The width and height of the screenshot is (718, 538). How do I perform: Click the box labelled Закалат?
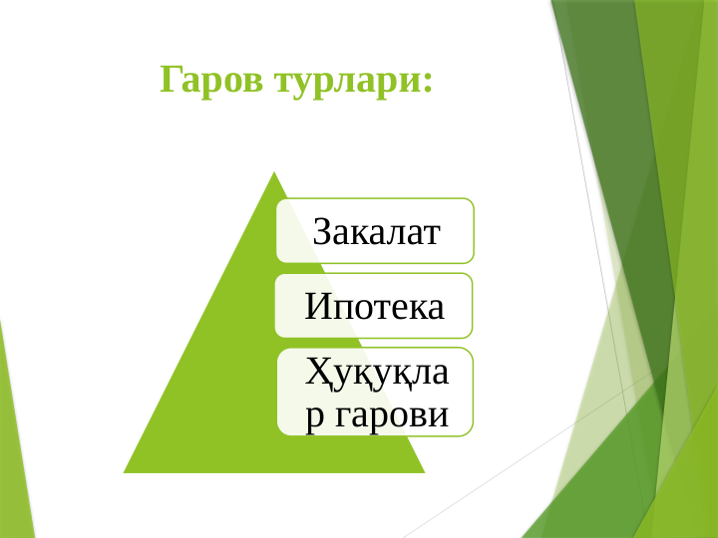point(375,230)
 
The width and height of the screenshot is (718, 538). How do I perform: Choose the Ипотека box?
point(374,306)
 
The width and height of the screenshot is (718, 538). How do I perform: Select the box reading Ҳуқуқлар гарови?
point(375,392)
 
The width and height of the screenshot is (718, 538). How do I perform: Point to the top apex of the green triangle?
point(274,172)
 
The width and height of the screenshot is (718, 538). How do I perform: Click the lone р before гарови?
point(314,417)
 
